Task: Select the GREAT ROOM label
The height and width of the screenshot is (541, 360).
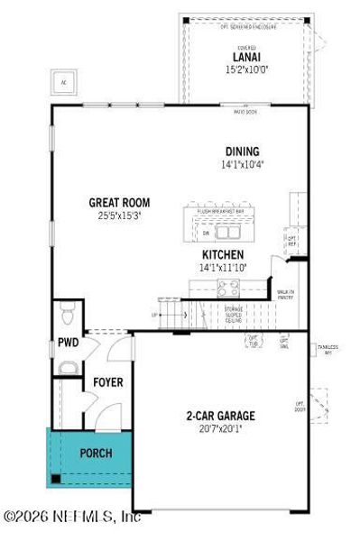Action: [x=119, y=203]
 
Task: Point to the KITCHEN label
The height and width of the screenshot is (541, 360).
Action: [x=223, y=255]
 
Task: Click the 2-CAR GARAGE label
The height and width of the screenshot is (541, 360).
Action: [x=221, y=416]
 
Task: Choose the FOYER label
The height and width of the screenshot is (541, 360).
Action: [x=108, y=383]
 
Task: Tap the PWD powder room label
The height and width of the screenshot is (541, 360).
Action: [x=68, y=343]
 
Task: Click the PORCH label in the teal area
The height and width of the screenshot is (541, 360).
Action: [x=96, y=453]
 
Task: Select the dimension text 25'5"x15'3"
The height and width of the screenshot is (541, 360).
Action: [x=119, y=215]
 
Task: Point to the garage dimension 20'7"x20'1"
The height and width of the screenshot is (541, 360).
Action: [x=221, y=428]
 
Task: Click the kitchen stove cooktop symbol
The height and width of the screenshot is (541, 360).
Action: [x=226, y=288]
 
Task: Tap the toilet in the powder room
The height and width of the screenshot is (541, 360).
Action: [x=66, y=314]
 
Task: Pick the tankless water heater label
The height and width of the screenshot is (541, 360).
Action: [x=326, y=348]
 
